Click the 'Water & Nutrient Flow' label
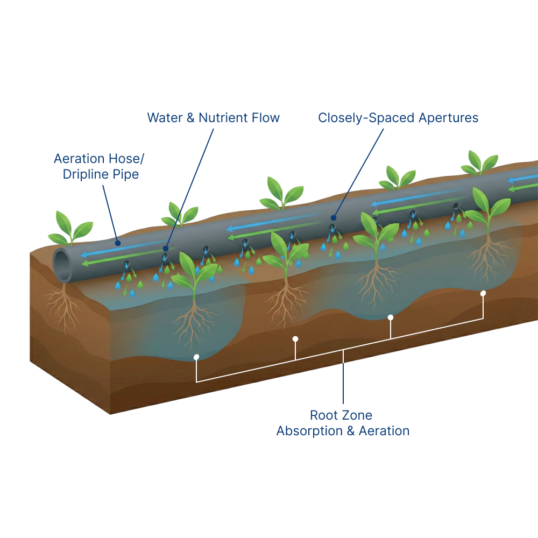214,117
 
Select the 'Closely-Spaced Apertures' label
398,118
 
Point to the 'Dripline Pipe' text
101,175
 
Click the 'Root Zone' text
341,415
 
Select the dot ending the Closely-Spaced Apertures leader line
333,218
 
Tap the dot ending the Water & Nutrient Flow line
166,249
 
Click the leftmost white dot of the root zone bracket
196,357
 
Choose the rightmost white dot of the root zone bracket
483,293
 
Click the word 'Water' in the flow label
165,117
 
